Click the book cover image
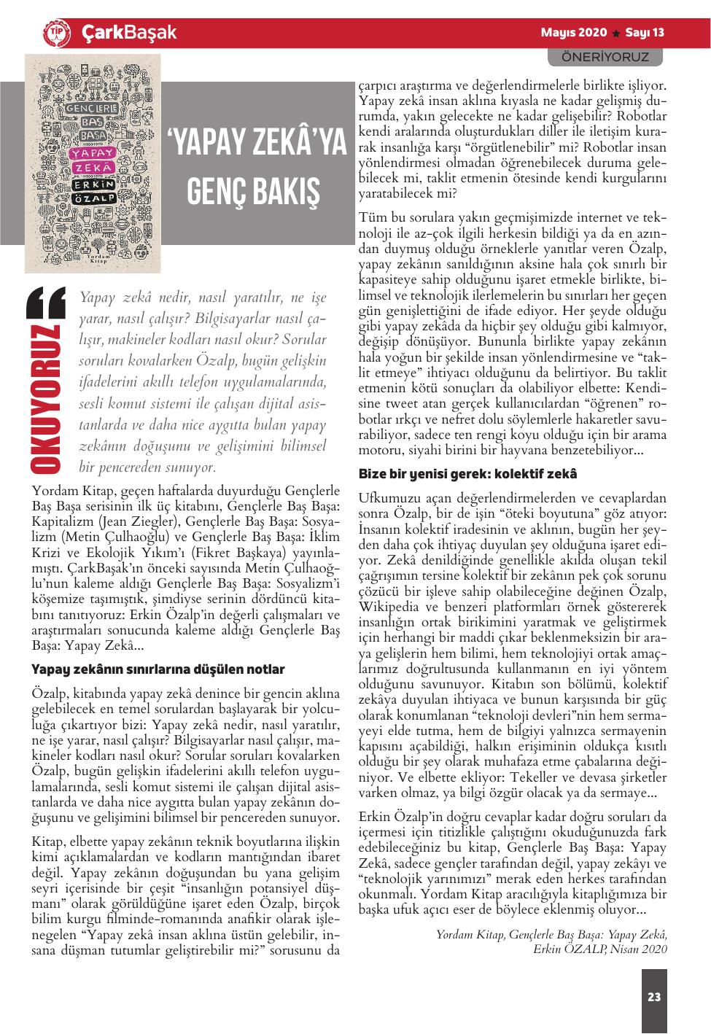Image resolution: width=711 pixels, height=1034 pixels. tap(93, 162)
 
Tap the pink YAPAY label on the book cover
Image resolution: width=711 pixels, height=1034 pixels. tap(93, 154)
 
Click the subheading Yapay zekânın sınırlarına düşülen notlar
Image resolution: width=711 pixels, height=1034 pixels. tap(158, 669)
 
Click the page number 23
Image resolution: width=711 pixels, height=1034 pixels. tap(653, 997)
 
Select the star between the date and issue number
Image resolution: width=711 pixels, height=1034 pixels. tap(616, 34)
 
